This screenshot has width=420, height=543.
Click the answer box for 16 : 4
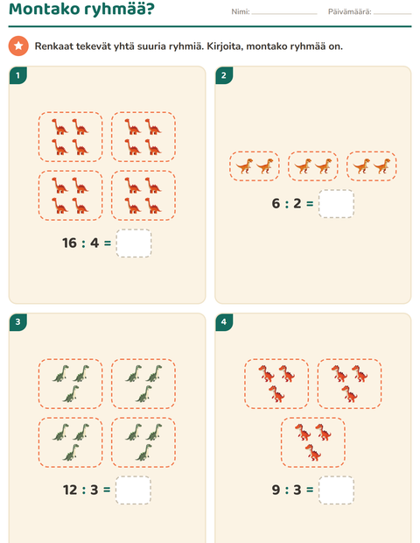(x=134, y=243)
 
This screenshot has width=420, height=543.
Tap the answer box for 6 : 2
(x=336, y=203)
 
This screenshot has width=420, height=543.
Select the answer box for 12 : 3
(x=133, y=490)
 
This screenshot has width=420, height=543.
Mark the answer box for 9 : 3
(x=336, y=490)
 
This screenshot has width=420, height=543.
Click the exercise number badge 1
(x=18, y=75)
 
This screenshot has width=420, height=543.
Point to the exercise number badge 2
(x=224, y=75)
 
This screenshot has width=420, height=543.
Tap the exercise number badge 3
(x=18, y=322)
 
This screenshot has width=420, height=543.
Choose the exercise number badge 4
(x=224, y=322)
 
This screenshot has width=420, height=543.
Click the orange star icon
(x=18, y=46)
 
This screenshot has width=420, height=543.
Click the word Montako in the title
(x=44, y=9)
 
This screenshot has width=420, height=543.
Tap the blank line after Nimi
(x=284, y=14)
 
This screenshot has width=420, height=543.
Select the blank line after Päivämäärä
(x=392, y=14)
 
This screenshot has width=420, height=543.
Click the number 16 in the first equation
(x=69, y=243)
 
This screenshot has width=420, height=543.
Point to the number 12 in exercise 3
(x=70, y=490)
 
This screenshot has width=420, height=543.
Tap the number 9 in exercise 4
(x=276, y=490)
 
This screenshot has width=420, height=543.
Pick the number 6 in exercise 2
(x=276, y=203)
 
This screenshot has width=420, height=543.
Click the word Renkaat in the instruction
(x=53, y=46)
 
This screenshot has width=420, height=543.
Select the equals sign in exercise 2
(x=310, y=204)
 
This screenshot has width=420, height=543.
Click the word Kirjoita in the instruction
(x=225, y=46)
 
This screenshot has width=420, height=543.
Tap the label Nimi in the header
(x=241, y=11)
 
